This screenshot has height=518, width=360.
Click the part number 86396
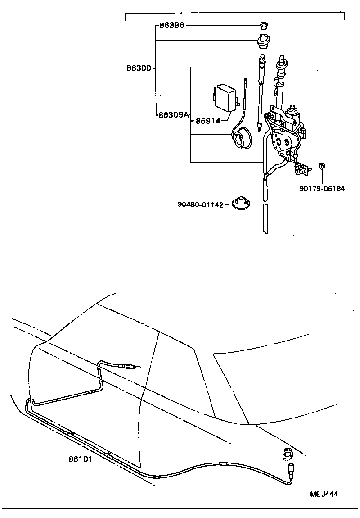tap(171, 26)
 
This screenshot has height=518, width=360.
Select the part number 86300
tap(139, 69)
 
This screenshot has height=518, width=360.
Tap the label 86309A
tap(173, 115)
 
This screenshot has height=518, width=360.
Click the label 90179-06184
tap(322, 189)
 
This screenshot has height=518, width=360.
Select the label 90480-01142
tap(200, 205)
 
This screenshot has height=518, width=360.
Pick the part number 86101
tap(80, 459)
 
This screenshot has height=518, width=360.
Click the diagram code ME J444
tap(324, 494)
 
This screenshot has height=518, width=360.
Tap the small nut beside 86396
tap(264, 25)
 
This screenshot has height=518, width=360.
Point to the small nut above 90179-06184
tap(322, 166)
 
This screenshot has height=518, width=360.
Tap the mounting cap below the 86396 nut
tap(264, 41)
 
